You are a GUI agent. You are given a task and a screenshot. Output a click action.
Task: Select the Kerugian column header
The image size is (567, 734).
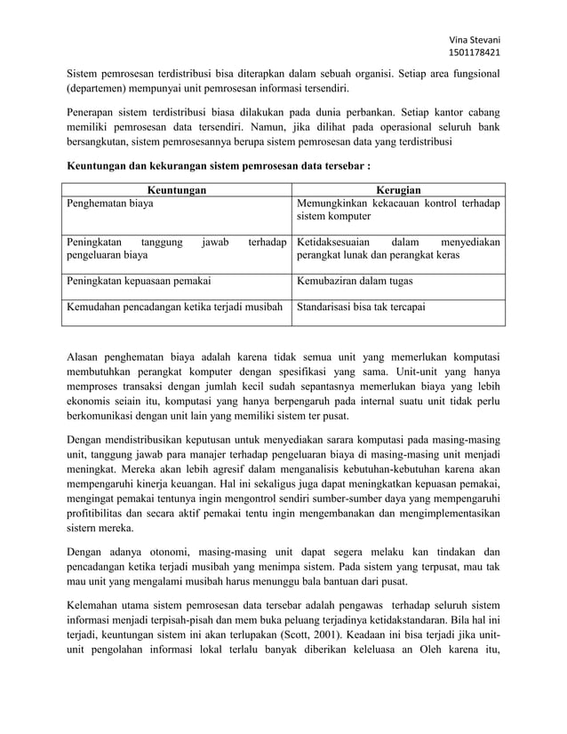point(398,189)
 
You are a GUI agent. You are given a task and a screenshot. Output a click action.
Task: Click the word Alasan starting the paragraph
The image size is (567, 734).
point(87,357)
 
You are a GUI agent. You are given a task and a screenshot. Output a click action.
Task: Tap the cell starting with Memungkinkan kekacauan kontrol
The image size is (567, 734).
point(398,210)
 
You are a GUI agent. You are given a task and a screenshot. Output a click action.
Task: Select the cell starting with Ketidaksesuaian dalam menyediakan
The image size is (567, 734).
point(398,249)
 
